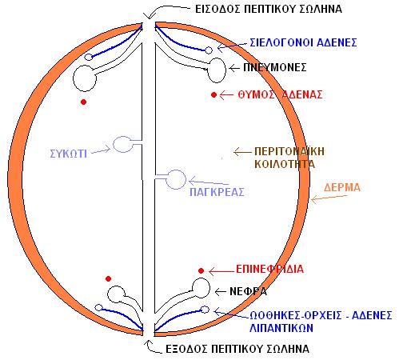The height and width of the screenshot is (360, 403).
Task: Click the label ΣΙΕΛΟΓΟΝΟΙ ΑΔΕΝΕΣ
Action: (303, 42)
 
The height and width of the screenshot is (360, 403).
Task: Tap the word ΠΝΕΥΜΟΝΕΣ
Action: (275, 67)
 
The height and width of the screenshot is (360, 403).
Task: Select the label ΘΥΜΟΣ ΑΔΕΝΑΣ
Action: (280, 94)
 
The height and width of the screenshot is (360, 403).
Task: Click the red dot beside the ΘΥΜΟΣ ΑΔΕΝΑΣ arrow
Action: (213, 94)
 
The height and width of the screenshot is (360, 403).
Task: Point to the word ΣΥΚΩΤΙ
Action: (69, 154)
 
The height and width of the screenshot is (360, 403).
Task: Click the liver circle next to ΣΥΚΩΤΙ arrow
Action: (122, 144)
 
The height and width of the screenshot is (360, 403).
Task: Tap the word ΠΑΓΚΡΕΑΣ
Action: (217, 192)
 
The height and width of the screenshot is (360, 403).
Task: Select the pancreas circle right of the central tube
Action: (176, 179)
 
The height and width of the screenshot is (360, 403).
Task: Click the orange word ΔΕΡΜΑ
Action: (342, 187)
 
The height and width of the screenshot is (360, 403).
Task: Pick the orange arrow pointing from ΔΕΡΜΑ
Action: (329, 198)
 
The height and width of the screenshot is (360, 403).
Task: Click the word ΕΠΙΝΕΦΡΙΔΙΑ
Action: (269, 269)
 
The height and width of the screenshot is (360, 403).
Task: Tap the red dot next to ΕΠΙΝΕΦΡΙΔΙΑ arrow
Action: (201, 271)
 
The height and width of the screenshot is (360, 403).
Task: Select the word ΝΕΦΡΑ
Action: (248, 291)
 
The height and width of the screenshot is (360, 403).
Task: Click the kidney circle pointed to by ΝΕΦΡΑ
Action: (201, 288)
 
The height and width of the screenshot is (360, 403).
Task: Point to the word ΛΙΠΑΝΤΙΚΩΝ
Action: (281, 328)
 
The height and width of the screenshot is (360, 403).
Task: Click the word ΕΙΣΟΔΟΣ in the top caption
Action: (217, 9)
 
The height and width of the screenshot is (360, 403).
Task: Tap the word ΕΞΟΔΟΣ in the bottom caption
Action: (186, 349)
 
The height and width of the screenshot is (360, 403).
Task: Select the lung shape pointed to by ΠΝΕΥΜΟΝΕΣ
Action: (217, 70)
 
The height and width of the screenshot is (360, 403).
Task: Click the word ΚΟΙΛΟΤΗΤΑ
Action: (285, 164)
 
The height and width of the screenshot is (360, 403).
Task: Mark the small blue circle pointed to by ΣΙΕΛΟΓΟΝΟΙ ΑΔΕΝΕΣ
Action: (209, 50)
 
